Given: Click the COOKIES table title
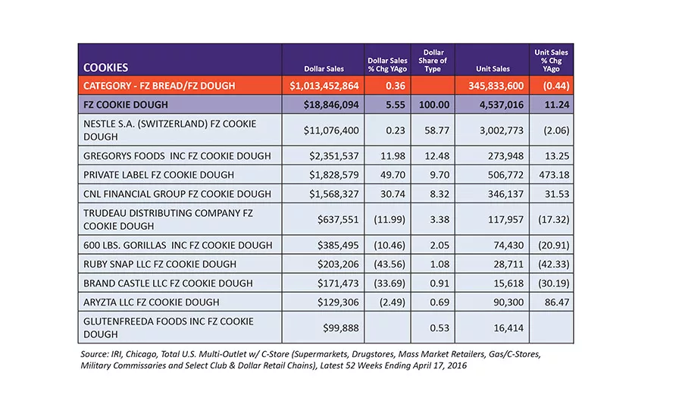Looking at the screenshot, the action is (105, 67).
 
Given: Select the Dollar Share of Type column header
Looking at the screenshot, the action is (433, 61).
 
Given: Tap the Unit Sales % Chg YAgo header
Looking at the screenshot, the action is (551, 61).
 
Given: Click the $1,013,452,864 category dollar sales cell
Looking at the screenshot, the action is (324, 86).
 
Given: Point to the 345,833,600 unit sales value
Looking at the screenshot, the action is (496, 86).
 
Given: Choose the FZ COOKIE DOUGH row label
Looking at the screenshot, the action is (126, 105).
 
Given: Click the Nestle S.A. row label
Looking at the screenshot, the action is (170, 130).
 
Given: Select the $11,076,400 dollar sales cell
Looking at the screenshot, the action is (331, 130).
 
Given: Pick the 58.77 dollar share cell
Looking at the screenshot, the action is (436, 130).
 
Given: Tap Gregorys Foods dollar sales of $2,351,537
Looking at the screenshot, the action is (334, 156).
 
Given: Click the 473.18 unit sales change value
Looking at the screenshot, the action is (554, 174).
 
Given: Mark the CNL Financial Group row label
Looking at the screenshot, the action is (177, 193).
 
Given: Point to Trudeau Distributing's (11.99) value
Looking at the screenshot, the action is (389, 219).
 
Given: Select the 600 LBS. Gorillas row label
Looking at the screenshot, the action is (177, 245).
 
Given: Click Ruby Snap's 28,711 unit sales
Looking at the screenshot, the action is (508, 264).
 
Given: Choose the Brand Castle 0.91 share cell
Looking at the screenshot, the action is (440, 284).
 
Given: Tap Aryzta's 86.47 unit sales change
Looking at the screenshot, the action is (557, 302).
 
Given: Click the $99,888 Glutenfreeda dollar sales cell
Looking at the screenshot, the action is (340, 328).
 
